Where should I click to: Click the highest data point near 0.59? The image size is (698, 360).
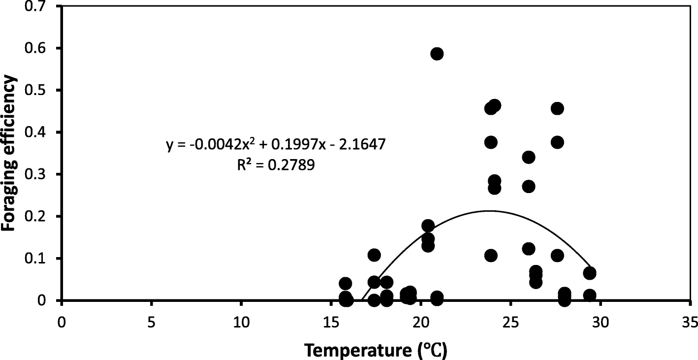tap(437, 54)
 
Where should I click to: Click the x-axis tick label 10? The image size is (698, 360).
tap(241, 323)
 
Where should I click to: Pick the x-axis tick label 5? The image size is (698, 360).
tap(151, 323)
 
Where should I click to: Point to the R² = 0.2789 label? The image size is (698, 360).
tap(276, 165)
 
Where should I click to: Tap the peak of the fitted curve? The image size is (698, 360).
tap(488, 211)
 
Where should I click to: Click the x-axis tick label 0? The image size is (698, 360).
tap(62, 323)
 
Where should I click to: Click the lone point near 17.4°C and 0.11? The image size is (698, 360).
tap(374, 255)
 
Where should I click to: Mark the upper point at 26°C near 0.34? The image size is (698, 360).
tap(529, 158)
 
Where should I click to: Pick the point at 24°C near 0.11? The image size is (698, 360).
tap(491, 256)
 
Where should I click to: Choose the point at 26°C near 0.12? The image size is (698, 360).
tap(529, 249)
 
